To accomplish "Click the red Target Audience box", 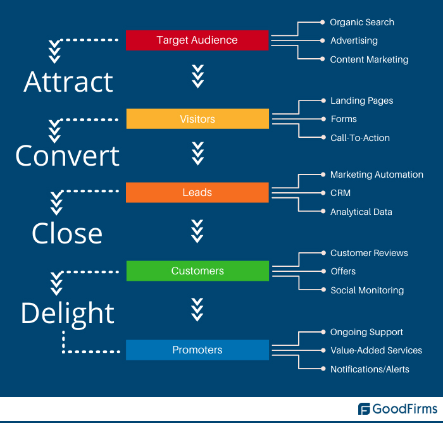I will pos(197,40).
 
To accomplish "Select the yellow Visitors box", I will pos(197,119).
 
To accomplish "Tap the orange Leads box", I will pos(197,192).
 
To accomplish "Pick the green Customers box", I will pos(197,271).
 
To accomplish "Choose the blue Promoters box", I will pos(197,350).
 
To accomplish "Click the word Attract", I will pos(68,82).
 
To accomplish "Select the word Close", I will pos(67,233).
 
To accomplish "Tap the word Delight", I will pos(68,313).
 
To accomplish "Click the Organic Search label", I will pos(362,22).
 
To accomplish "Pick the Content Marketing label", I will pos(369,59).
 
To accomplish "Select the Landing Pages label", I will pos(361,101).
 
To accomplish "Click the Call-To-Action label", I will pos(360,138).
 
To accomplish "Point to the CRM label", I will pos(340,193).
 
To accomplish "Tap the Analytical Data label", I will pos(361,212).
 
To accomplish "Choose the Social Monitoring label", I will pos(367,290).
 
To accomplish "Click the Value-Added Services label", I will pos(376,350).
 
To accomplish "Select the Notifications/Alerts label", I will pos(370,369).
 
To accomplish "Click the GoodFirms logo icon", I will pos(365,409).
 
